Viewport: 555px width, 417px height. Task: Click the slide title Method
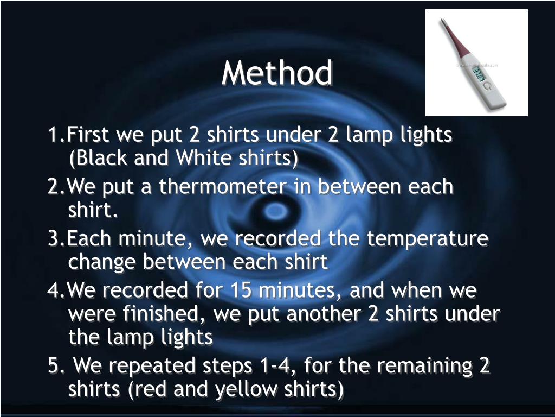click(x=277, y=73)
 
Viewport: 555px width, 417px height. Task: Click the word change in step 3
click(x=103, y=262)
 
